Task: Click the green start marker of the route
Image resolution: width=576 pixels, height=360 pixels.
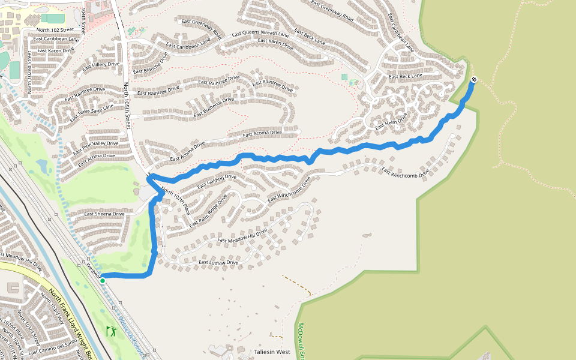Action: coord(103,281)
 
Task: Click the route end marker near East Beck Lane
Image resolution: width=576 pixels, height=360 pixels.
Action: coord(474,79)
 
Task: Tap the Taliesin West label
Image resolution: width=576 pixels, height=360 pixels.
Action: coord(272,352)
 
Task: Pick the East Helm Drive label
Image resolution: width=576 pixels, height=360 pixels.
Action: coord(391,122)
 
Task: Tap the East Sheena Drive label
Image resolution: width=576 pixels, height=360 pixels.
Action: coord(104,214)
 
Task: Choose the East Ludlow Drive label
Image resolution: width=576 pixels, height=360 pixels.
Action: coord(218,263)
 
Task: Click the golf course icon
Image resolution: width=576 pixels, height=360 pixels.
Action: coord(111,331)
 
